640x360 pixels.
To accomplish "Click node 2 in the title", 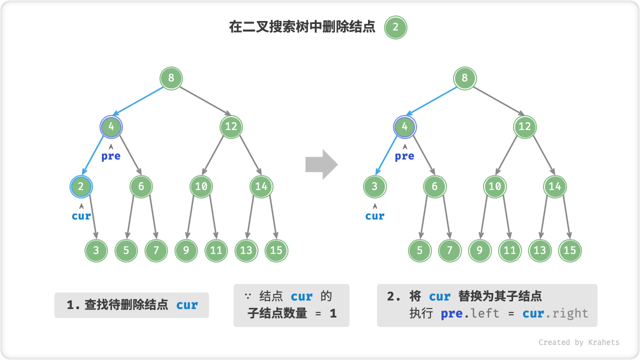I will tap(395, 27).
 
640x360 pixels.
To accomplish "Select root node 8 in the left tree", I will tap(171, 78).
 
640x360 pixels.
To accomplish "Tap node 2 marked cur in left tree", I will tap(81, 186).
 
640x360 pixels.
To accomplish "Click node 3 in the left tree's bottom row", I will tap(96, 250).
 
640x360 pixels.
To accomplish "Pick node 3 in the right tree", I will tap(374, 186).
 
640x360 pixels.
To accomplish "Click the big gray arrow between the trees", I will tap(321, 164).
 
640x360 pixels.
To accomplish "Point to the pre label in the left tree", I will tap(111, 156).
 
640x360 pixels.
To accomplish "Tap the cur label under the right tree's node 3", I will tap(374, 216).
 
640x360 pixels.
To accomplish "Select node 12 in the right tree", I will tap(524, 126).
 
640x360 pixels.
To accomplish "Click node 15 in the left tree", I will tap(276, 250).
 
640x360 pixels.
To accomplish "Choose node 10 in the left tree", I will tap(201, 186).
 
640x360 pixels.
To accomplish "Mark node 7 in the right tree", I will tap(449, 250).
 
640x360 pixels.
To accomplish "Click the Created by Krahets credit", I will tap(578, 342).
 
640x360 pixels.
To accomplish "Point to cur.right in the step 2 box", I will tap(555, 314).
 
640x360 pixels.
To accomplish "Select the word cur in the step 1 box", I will tap(187, 305).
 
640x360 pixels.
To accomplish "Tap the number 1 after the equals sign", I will tap(333, 313).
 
